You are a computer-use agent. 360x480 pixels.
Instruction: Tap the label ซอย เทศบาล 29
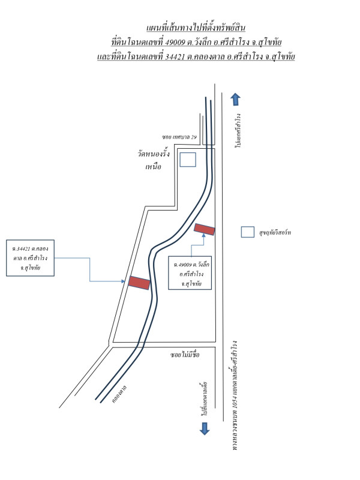(179, 137)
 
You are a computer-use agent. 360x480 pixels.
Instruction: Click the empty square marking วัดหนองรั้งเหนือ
(188, 159)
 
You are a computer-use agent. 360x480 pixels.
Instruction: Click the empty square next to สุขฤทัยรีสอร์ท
(247, 232)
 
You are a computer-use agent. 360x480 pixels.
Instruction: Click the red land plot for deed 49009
(205, 229)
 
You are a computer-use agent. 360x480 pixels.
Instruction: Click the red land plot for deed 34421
(139, 283)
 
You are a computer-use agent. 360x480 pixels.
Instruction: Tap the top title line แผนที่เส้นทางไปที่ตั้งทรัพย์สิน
(196, 28)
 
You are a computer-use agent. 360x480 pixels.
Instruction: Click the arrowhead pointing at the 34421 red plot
(126, 280)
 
